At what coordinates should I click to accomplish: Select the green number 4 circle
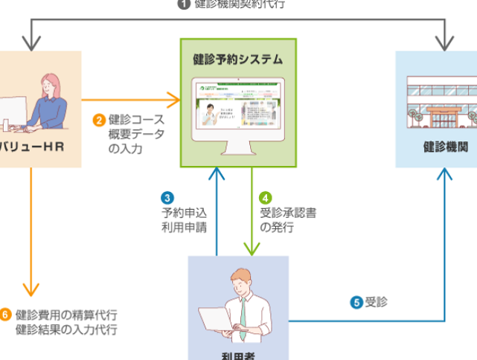(265, 198)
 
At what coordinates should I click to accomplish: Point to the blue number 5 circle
(356, 302)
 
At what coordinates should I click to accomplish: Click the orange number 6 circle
(5, 314)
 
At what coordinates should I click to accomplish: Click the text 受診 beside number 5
(377, 302)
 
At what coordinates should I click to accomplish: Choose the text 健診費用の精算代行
(66, 314)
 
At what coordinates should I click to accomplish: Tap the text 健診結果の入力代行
(66, 329)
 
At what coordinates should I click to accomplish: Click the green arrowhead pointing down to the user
(252, 249)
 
